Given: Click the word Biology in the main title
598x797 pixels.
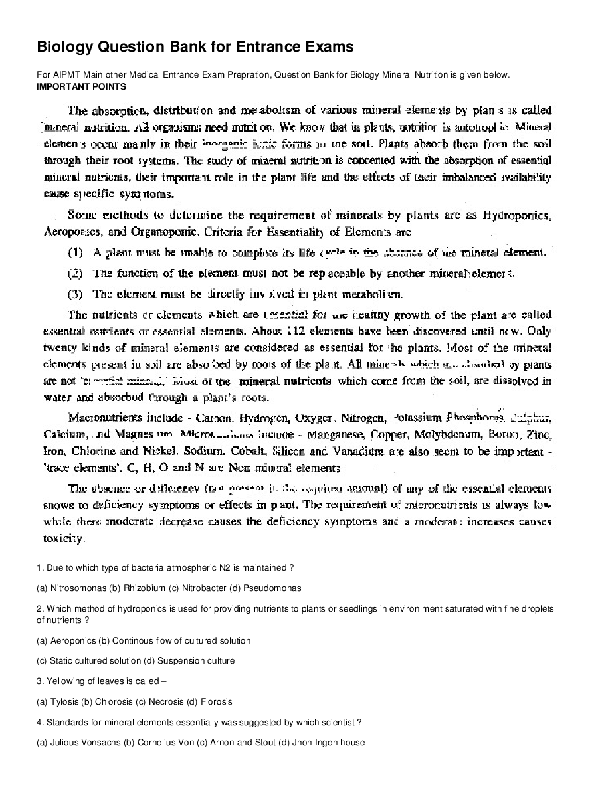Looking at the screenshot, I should pos(65,47).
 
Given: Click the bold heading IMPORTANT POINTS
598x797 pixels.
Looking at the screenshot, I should pos(82,86).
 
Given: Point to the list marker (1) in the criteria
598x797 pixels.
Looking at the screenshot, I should pos(75,252).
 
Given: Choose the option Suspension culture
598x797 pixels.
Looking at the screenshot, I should pos(202,661).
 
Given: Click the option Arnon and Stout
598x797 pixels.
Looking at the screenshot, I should pos(247,742).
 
